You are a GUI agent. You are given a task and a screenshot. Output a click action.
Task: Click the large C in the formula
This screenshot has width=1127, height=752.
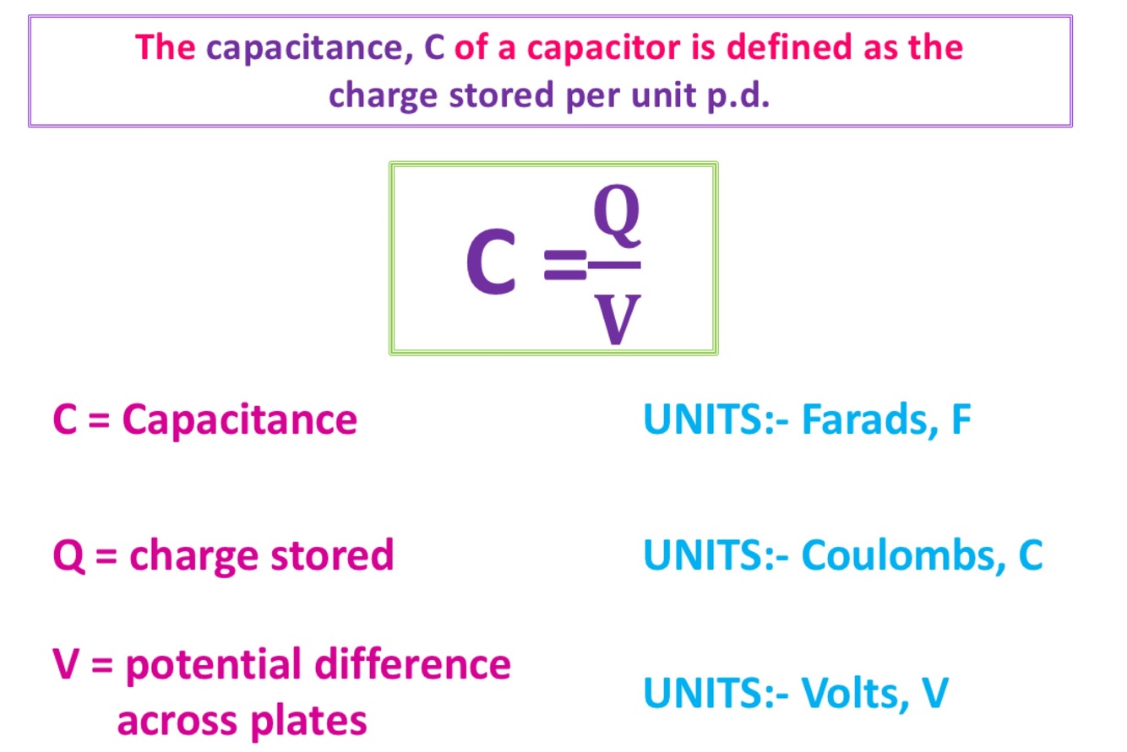tap(491, 263)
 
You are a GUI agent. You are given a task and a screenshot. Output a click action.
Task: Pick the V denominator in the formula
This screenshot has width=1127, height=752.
tap(615, 318)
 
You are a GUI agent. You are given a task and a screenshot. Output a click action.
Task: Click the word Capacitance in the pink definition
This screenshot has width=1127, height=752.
tap(239, 419)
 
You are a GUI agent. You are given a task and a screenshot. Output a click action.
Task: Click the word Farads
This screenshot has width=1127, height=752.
tap(863, 419)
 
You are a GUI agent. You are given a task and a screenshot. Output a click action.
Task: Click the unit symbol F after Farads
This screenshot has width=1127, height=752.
tap(958, 419)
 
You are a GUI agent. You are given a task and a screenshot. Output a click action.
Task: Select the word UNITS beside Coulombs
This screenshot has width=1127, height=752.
tap(706, 555)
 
